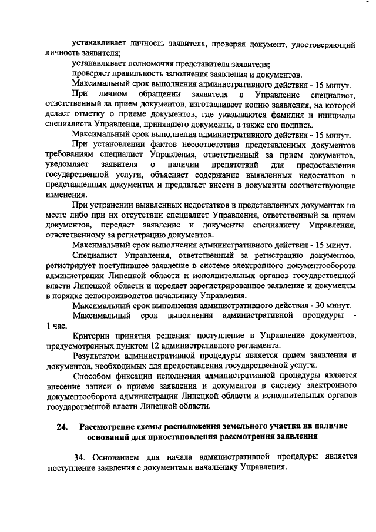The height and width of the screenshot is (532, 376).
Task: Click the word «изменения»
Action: pyautogui.click(x=66, y=195)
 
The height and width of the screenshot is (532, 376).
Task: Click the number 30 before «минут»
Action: pyautogui.click(x=318, y=306)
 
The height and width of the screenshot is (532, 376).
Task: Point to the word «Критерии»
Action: pyautogui.click(x=91, y=336)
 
